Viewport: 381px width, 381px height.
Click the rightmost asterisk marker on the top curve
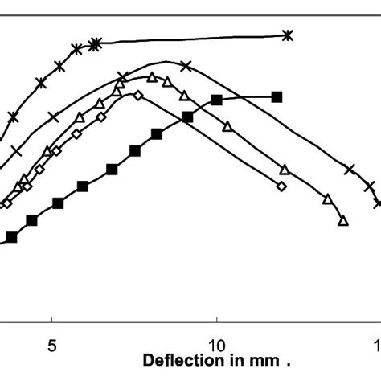289,35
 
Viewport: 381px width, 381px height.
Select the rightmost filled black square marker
277,96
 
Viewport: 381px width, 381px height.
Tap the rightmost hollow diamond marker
281,186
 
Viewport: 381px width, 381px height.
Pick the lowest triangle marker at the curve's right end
343,220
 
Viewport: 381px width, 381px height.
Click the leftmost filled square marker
11,237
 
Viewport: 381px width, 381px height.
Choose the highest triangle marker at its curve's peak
151,77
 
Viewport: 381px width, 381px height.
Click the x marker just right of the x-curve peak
186,66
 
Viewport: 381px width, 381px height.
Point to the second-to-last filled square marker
216,99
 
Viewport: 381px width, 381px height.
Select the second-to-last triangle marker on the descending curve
327,198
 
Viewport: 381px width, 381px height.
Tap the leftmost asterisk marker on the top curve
13,117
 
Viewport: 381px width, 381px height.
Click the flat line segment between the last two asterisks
193,39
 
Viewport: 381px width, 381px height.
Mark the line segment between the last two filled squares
247,97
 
